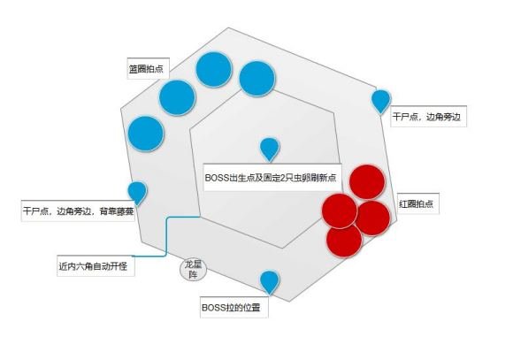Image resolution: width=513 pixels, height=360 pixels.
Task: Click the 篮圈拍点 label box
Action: tap(149, 68)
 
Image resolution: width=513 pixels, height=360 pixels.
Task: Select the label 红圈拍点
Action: tap(418, 203)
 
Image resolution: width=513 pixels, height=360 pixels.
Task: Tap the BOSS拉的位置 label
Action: tap(234, 307)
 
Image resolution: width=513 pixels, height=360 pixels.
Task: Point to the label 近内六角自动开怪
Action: tap(96, 265)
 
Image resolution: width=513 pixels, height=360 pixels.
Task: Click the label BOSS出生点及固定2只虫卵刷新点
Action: tap(272, 177)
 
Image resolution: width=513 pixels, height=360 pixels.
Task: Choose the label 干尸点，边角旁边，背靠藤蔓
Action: tap(79, 211)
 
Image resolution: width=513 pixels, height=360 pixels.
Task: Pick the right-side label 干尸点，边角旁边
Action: tap(429, 116)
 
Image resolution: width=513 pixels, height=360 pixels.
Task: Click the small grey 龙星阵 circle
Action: tap(194, 270)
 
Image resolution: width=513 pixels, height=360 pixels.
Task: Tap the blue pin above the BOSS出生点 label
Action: tap(270, 149)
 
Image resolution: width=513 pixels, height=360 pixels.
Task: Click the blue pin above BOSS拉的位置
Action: tap(270, 282)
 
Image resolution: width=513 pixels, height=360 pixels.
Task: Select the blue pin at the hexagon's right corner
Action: tap(381, 102)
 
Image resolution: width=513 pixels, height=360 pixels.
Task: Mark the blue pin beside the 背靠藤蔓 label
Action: tap(137, 193)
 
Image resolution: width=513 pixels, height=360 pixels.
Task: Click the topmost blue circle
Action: tap(214, 69)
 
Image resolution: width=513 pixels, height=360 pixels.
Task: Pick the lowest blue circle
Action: tap(146, 134)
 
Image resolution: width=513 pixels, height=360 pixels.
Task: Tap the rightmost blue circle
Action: tap(257, 79)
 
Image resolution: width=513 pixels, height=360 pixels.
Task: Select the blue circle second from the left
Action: tap(177, 97)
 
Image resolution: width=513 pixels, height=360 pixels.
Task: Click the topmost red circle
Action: tap(367, 181)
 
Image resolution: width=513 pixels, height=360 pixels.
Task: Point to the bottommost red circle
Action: tap(344, 240)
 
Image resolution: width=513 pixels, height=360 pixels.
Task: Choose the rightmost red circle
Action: tap(372, 218)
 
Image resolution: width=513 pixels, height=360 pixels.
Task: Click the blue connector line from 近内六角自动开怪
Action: tap(166, 235)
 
